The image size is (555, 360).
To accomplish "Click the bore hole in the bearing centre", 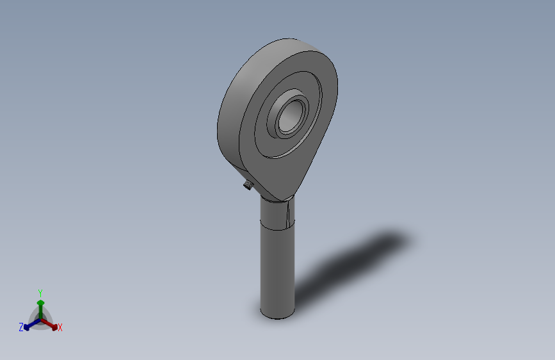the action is [x=291, y=116].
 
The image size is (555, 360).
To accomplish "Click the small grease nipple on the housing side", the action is [x=248, y=184].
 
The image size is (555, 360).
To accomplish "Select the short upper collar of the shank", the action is [x=278, y=213].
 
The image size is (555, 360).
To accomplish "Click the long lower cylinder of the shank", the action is [x=278, y=269].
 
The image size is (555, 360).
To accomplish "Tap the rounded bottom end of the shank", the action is [x=278, y=315].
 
